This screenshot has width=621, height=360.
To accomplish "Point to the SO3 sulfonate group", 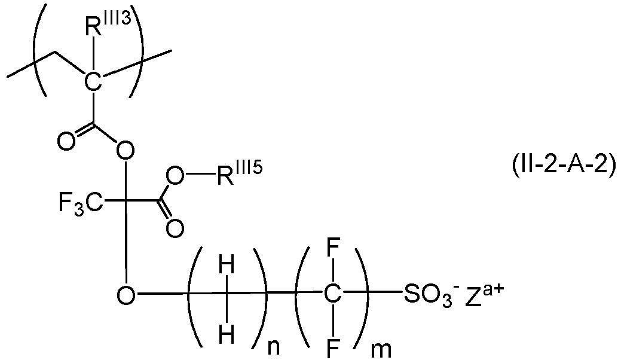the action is pos(421,294).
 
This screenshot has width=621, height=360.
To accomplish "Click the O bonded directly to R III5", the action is pos(175,175).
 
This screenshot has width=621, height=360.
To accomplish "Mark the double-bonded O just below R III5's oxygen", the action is pos(175,228).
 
